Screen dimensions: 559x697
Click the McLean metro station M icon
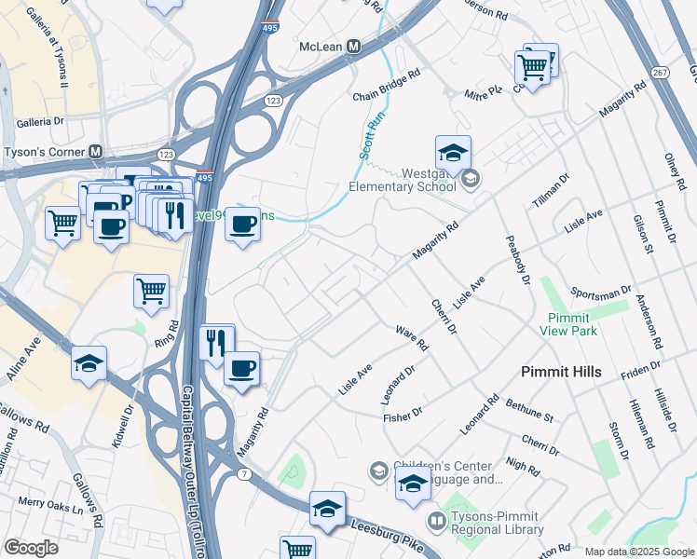pos(353,47)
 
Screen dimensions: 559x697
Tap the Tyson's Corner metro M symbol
pos(96,152)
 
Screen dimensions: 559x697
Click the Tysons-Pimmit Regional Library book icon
pos(435,519)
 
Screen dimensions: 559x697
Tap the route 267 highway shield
pos(660,72)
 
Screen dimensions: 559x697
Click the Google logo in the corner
pos(31,548)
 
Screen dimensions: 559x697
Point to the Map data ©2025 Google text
pos(638,552)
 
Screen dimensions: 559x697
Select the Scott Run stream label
pos(372,135)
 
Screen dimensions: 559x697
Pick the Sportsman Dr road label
pos(600,297)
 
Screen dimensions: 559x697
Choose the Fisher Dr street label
pos(403,414)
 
